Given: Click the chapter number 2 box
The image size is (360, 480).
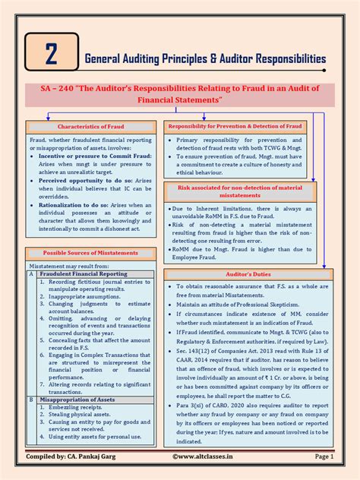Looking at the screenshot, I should click(x=51, y=55).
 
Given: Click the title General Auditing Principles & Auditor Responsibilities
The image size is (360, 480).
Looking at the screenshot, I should click(x=205, y=58).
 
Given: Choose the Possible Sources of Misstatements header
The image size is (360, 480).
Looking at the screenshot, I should click(x=92, y=253).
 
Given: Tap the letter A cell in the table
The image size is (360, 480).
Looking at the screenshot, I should click(x=30, y=274).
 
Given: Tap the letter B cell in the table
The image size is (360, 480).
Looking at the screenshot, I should click(x=30, y=398).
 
